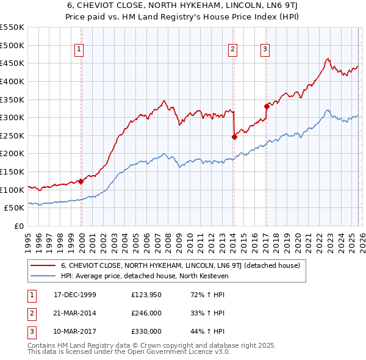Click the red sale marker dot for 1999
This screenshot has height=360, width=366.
pyautogui.click(x=81, y=181)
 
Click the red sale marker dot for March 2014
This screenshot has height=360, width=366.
pyautogui.click(x=234, y=137)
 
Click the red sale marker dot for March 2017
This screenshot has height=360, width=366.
pyautogui.click(x=267, y=106)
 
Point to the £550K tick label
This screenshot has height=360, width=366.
pyautogui.click(x=12, y=27)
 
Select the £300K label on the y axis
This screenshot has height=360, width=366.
pyautogui.click(x=12, y=117)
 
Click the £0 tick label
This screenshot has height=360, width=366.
pyautogui.click(x=18, y=226)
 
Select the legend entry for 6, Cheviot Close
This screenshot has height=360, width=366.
pyautogui.click(x=180, y=265)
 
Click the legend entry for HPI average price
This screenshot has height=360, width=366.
pyautogui.click(x=143, y=276)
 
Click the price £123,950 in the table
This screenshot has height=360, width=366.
pyautogui.click(x=146, y=295)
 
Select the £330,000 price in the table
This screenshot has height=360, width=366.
pyautogui.click(x=146, y=331)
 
